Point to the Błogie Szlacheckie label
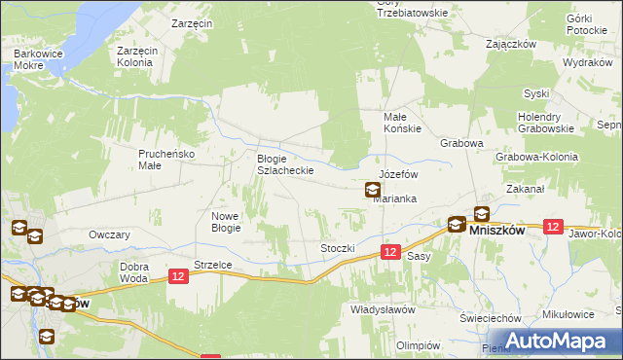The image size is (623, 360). pyautogui.click(x=284, y=164)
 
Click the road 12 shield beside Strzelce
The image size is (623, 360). pyautogui.click(x=178, y=277)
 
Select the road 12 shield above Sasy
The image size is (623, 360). pyautogui.click(x=390, y=251)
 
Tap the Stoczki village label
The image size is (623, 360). pyautogui.click(x=338, y=248)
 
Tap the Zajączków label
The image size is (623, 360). pyautogui.click(x=512, y=44)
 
